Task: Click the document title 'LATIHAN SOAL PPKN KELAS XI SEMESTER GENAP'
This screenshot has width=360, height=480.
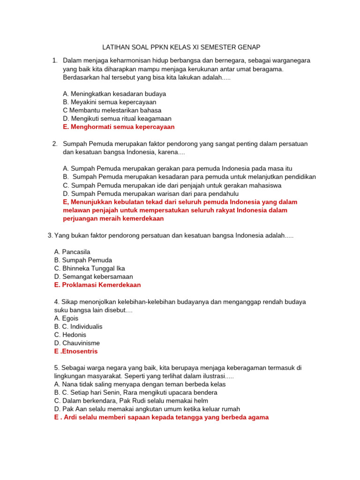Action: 181,47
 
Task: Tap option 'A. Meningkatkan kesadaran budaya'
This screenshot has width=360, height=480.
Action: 114,94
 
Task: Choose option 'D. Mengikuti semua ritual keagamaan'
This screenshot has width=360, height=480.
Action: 117,119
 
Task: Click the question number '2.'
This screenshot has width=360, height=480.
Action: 55,143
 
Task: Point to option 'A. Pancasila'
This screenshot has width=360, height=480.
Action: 72,252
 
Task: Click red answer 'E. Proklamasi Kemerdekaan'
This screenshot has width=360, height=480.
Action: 97,285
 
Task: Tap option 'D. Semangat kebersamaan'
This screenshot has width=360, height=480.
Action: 93,277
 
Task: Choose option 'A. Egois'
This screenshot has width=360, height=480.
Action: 66,318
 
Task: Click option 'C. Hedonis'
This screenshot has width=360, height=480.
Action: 70,335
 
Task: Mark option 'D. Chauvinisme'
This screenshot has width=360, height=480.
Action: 77,343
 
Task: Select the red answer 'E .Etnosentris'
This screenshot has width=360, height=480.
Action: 76,352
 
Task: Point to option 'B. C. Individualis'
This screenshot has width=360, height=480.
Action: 78,326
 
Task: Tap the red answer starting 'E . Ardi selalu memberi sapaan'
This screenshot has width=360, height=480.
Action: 161,417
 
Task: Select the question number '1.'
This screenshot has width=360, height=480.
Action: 55,60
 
